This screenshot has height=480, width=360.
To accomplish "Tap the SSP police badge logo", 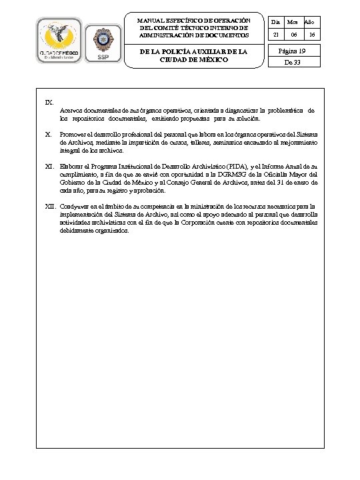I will point(104,42).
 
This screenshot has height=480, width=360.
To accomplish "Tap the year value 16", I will point(312,35).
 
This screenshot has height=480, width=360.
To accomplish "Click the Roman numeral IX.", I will point(49,102).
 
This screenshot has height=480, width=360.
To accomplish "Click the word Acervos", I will point(71,109).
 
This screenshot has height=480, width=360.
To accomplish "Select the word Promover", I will point(72,134).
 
